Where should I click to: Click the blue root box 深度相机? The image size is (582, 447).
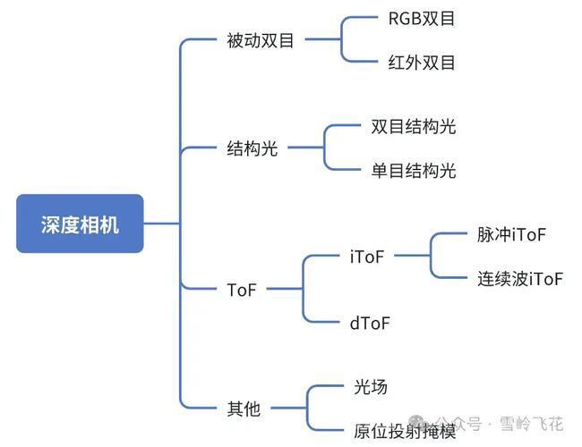[x=80, y=223]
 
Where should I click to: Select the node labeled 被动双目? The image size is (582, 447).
[x=261, y=40]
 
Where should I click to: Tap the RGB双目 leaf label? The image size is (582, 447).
[x=422, y=19]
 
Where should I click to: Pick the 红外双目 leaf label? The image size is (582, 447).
[x=422, y=63]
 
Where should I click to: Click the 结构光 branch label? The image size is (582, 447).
[x=252, y=148]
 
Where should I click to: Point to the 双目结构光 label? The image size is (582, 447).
[x=413, y=126]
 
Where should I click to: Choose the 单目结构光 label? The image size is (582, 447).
[x=413, y=171]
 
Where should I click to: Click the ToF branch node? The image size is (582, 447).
[x=242, y=290]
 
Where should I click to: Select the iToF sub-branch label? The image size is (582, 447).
[x=367, y=257]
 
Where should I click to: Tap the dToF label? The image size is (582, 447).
[x=370, y=324]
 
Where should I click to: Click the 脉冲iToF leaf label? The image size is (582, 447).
[x=511, y=234]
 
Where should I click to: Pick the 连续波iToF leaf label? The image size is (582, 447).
[x=520, y=279]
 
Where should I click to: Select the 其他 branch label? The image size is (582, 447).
[x=244, y=409]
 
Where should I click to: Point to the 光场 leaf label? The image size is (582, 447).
[x=371, y=387]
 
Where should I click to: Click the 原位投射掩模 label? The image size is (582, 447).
[x=405, y=432]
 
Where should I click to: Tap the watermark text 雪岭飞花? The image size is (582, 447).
[x=532, y=424]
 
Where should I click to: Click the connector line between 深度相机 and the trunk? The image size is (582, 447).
[x=162, y=223]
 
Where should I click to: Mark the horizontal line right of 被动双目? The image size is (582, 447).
[x=323, y=39]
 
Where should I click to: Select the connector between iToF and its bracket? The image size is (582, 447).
[x=412, y=256]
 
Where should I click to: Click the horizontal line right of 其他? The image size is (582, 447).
[x=289, y=408]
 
